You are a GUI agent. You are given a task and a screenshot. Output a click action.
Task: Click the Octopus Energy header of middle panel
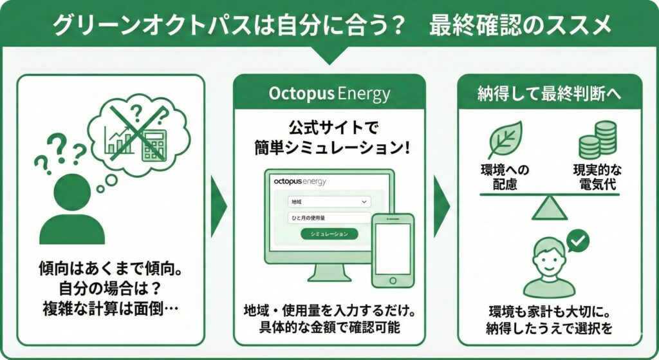[x=329, y=94]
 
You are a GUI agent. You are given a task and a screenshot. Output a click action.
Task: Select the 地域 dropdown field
[x=329, y=202]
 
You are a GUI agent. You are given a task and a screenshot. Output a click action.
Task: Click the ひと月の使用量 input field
[x=329, y=218]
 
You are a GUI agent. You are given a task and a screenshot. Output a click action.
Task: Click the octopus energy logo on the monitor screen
[x=300, y=182]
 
